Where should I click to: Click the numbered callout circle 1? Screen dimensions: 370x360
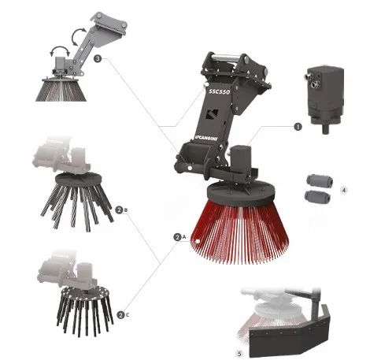coord(298,127)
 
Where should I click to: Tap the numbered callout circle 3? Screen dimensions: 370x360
coord(98,58)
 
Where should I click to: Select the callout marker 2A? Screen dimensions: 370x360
coord(179,237)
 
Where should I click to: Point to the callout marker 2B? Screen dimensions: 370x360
coord(121,210)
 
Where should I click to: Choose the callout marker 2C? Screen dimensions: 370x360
coord(123,315)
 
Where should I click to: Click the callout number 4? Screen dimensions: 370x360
coord(344,190)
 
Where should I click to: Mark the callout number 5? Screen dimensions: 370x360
coord(239,354)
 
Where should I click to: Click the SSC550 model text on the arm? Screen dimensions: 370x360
coord(220,91)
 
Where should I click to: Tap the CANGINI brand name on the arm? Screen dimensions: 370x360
coord(207,138)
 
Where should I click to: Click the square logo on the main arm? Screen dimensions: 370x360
coord(212,114)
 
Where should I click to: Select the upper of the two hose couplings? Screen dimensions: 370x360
coord(320,181)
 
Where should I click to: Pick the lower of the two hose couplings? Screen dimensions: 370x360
coord(317,197)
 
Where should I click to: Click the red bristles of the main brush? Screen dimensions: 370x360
coord(239,231)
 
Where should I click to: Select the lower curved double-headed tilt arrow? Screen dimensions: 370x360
coord(60,50)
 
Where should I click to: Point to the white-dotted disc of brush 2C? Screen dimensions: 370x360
coord(85,292)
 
